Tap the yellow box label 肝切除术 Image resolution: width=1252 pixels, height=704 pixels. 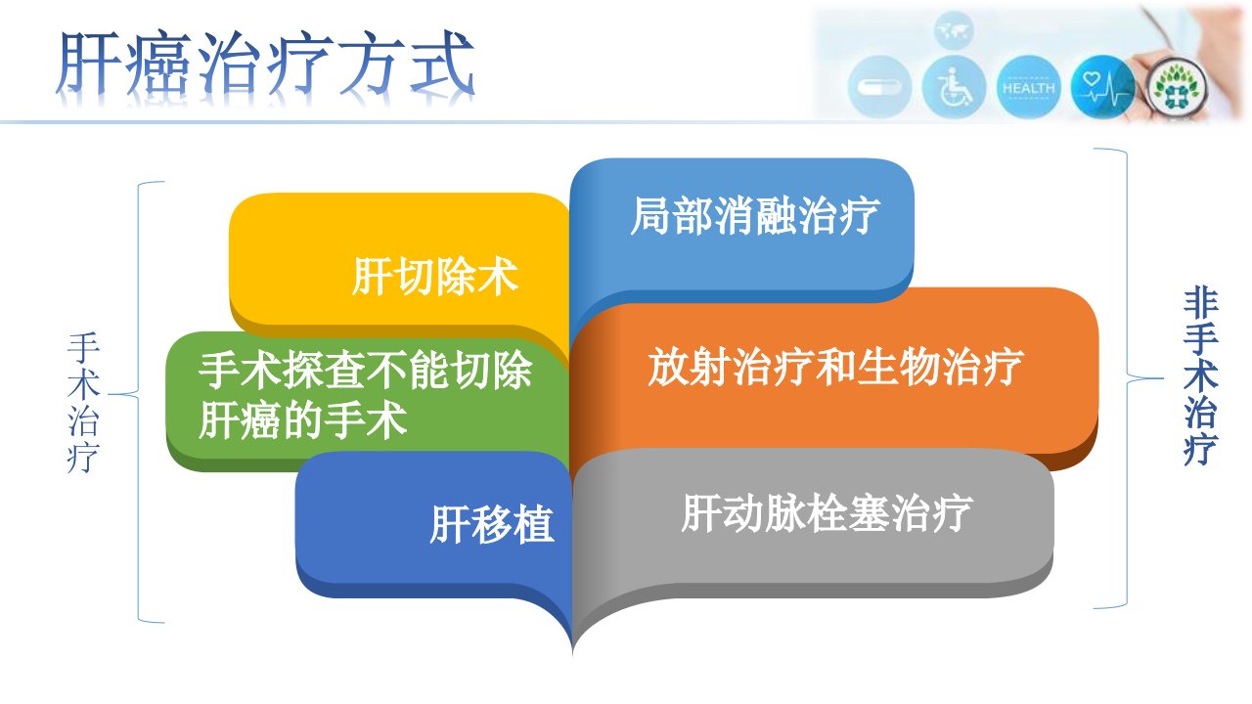point(435,276)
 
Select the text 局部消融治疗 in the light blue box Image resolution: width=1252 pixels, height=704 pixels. point(755,216)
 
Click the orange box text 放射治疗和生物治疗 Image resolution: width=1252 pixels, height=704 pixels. point(836,367)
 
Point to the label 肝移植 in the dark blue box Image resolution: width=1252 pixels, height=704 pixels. point(492,524)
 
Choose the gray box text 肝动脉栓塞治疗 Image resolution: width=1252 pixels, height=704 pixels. point(827,513)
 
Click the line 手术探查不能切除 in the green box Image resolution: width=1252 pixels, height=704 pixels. point(366,370)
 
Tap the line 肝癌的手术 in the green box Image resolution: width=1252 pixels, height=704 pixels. point(302,420)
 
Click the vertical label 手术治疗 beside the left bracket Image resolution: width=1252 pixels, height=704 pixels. point(84,403)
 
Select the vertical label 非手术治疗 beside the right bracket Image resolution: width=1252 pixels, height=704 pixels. point(1201,376)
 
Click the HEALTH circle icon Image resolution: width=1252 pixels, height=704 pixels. point(1028,88)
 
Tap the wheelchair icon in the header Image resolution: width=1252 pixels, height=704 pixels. point(954,88)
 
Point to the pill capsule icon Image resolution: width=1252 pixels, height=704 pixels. point(879,88)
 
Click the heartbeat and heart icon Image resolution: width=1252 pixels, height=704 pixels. point(1102,88)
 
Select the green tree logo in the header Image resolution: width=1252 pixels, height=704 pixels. point(1176,88)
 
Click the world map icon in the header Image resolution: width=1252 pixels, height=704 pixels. point(954,30)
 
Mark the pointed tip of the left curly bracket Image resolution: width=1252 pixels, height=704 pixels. point(109,394)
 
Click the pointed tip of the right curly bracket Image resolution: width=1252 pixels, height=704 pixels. point(1163,378)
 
